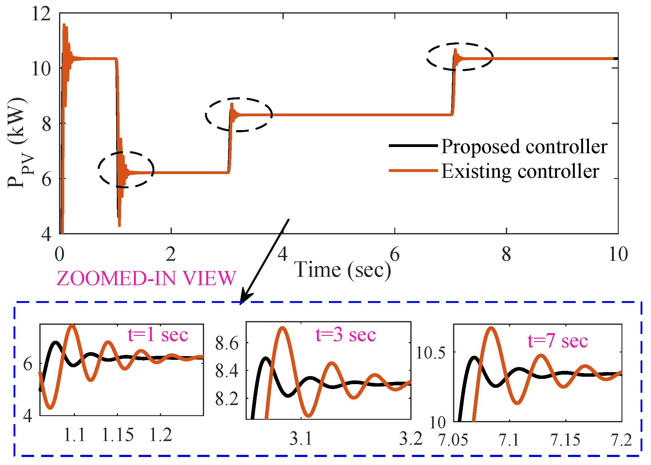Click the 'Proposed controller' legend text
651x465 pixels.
[x=524, y=146]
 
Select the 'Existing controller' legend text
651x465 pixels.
[x=520, y=171]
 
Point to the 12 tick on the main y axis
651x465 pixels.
[x=41, y=14]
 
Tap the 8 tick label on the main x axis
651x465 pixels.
[x=506, y=254]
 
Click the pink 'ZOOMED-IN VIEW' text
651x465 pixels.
[x=146, y=279]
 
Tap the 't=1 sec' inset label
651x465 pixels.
[x=158, y=335]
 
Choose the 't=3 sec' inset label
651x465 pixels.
[x=345, y=335]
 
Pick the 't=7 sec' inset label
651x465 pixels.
[x=558, y=341]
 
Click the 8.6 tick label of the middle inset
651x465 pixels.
[x=227, y=343]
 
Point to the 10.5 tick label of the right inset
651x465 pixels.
[x=430, y=353]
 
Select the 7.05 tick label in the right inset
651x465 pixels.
[x=453, y=440]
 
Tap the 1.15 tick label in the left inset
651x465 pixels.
[x=117, y=435]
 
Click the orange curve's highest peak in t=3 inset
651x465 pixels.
[x=282, y=328]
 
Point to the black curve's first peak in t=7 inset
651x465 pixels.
[x=474, y=358]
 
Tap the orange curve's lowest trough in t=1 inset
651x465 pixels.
[x=51, y=407]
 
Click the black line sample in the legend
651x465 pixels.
[x=413, y=145]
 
